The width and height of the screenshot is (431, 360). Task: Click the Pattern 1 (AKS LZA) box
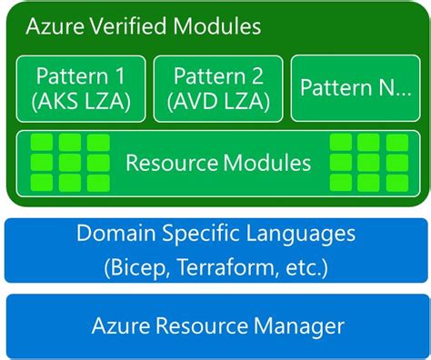(x=81, y=89)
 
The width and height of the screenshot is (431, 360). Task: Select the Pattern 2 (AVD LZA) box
(x=217, y=89)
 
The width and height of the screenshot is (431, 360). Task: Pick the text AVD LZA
(x=217, y=102)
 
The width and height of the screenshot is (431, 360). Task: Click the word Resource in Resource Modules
(x=166, y=164)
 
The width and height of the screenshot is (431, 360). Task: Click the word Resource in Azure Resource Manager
(x=201, y=325)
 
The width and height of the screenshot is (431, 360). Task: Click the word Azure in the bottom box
(x=122, y=325)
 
